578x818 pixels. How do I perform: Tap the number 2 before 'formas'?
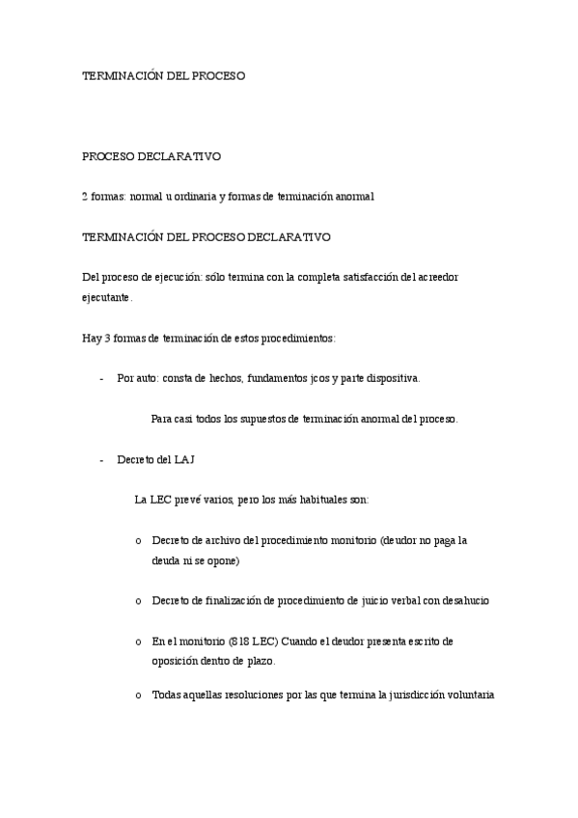point(85,196)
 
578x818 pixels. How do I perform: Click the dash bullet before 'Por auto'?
point(101,379)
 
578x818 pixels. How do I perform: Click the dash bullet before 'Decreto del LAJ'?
point(101,460)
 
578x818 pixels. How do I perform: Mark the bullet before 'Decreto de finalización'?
point(140,601)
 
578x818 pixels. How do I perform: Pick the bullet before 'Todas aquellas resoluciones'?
point(140,695)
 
